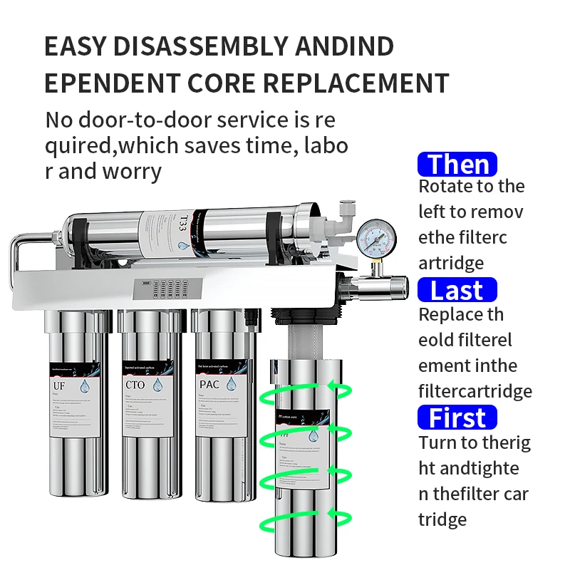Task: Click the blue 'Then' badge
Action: (x=457, y=165)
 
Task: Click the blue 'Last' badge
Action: (x=457, y=291)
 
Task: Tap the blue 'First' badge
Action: (x=457, y=418)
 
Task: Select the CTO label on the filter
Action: (x=135, y=385)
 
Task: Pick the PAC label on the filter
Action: (x=209, y=385)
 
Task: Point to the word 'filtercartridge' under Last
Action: (x=475, y=391)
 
